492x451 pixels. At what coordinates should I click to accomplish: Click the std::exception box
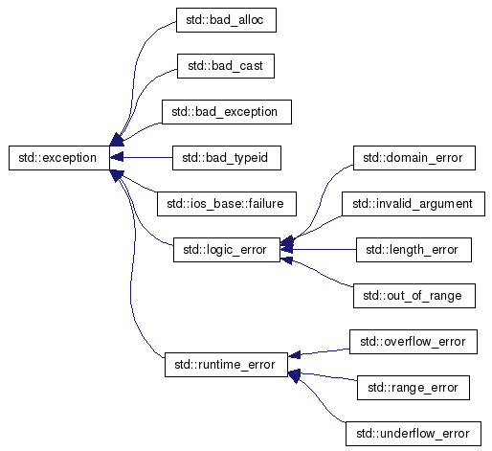coord(59,158)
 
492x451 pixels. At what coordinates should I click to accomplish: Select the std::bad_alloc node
coord(226,20)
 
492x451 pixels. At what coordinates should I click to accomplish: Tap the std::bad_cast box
coord(226,66)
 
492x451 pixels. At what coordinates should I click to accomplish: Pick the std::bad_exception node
coord(227,112)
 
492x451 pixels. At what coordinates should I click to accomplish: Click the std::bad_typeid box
coord(227,158)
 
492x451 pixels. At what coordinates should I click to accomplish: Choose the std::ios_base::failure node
coord(227,204)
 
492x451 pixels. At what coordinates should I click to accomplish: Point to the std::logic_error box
coord(227,250)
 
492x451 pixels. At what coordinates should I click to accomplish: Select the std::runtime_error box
coord(226,365)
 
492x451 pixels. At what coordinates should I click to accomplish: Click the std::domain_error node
coord(414,158)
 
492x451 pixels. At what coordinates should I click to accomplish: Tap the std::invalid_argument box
coord(414,204)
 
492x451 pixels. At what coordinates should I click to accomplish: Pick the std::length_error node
coord(414,250)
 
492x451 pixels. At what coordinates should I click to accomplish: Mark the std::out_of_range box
coord(414,296)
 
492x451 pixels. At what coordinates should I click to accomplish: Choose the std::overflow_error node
coord(414,342)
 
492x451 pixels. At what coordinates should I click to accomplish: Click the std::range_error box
coord(414,388)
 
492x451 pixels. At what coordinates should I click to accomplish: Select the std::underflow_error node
coord(414,434)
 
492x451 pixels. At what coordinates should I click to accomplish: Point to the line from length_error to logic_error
coord(318,249)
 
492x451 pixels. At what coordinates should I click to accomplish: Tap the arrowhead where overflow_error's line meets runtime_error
coord(294,354)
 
